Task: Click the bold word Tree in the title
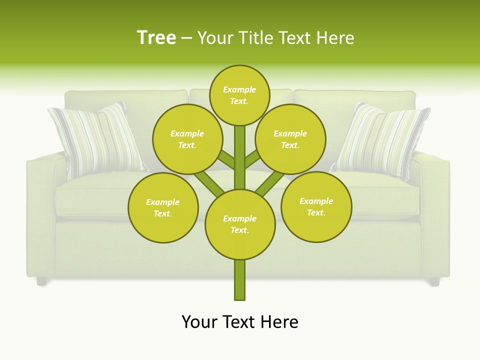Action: (x=156, y=38)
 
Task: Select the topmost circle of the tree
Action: (x=239, y=95)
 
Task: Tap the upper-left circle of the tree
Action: (x=187, y=139)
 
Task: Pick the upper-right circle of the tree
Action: (x=290, y=139)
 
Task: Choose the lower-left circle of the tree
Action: (x=163, y=207)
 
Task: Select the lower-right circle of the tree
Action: (x=316, y=206)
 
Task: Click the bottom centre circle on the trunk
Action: (x=240, y=224)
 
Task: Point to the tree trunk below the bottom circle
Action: (x=240, y=280)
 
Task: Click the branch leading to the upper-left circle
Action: (x=225, y=160)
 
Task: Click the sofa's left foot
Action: (x=41, y=281)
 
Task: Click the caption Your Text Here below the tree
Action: (x=240, y=321)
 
